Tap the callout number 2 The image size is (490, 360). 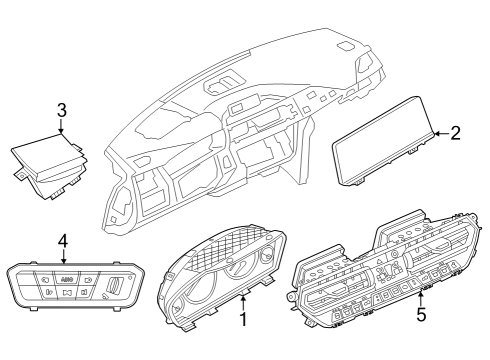tap(455, 132)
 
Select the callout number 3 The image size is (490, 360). tap(61, 110)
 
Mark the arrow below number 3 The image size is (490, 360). tap(62, 129)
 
